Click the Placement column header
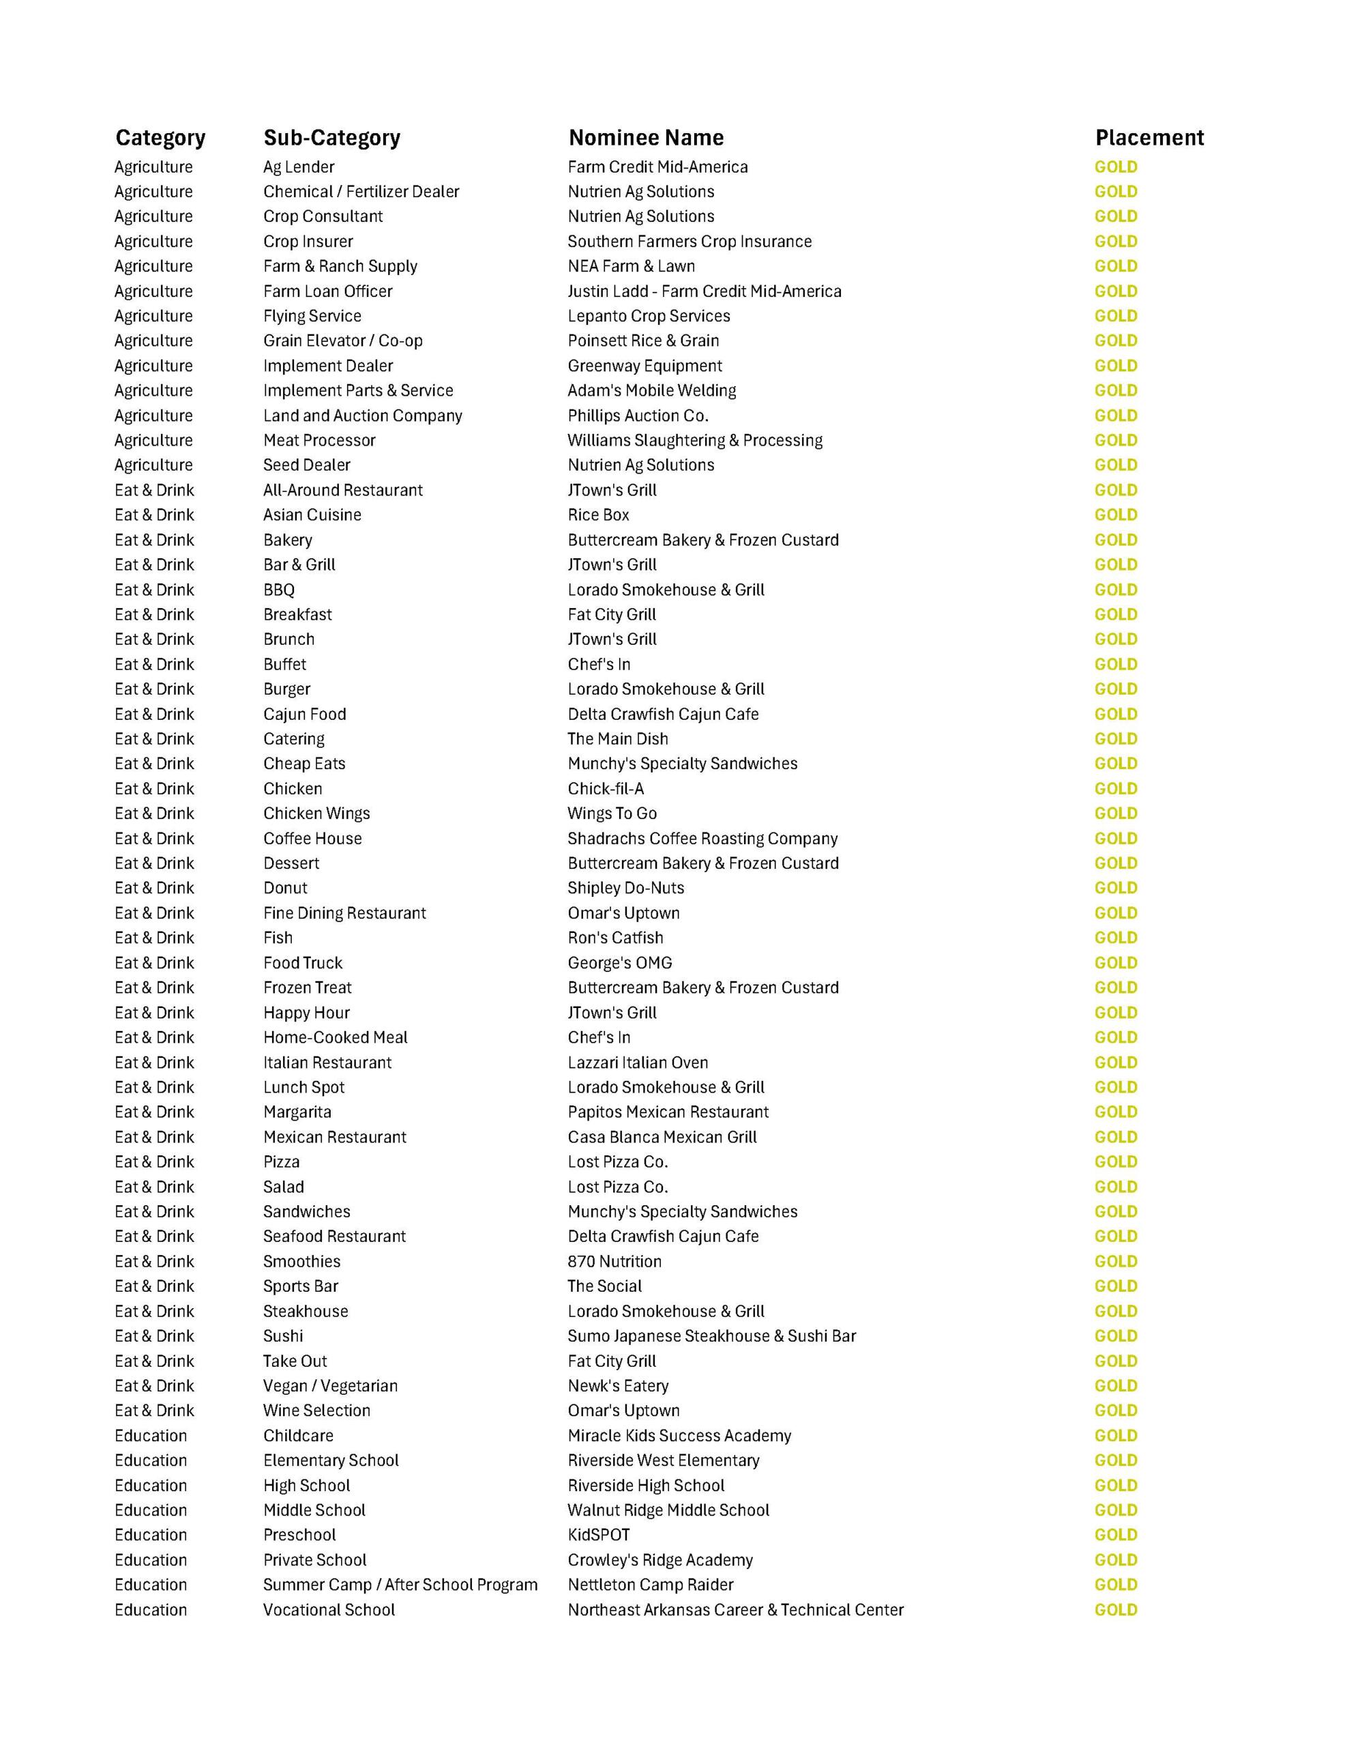1148,138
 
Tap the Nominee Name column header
645,138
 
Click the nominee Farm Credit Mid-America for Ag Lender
657,167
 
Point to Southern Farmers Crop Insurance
690,242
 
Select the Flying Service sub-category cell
312,316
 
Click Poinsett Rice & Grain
643,341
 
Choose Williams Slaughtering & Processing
694,440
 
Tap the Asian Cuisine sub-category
312,515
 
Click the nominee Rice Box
598,515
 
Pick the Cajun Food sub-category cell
304,714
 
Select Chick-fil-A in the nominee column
606,789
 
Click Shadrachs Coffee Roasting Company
702,838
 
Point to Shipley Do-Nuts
625,888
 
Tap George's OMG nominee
619,962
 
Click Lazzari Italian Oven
637,1063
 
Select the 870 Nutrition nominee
614,1261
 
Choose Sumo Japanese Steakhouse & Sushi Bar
711,1336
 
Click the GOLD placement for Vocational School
1116,1611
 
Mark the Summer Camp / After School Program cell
400,1585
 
